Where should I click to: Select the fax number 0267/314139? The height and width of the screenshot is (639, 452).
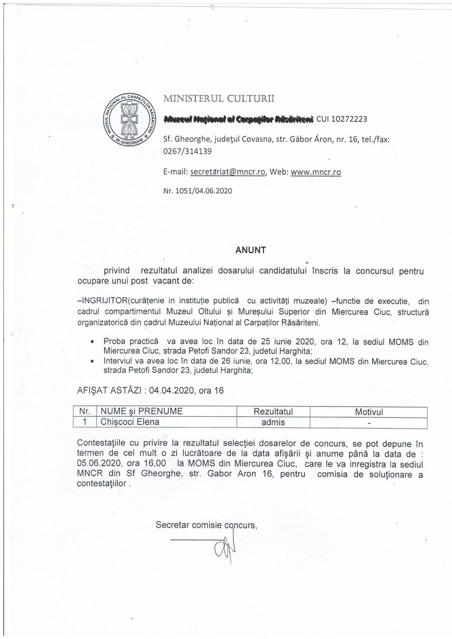pos(187,151)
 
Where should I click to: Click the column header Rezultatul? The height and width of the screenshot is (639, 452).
pos(273,412)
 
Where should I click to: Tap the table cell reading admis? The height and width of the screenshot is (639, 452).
pos(273,422)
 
